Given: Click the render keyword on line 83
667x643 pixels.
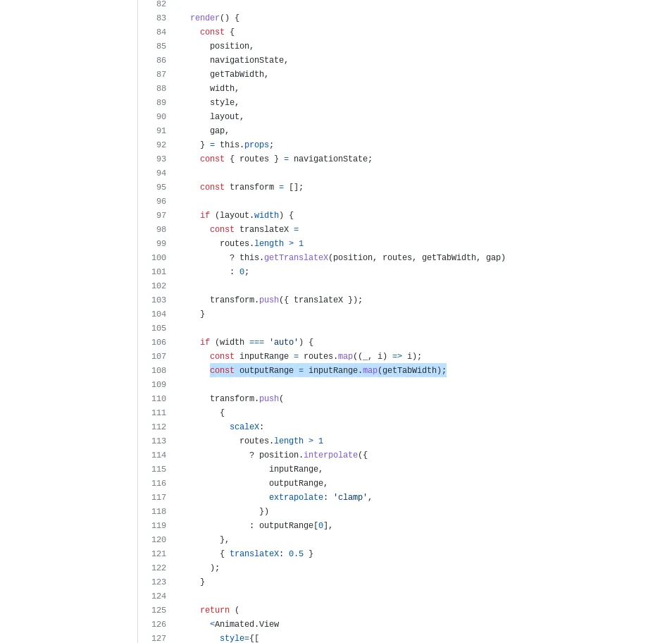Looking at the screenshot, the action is pyautogui.click(x=205, y=18).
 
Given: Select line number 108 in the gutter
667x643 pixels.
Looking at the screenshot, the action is pyautogui.click(x=158, y=370).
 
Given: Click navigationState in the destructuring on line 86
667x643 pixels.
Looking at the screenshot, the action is pyautogui.click(x=247, y=60).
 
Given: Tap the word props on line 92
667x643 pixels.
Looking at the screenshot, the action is pyautogui.click(x=256, y=145).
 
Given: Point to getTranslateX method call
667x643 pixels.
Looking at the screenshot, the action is pyautogui.click(x=296, y=257).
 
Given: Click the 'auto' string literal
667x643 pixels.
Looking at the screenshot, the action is pyautogui.click(x=284, y=342).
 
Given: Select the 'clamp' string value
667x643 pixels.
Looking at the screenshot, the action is pyautogui.click(x=350, y=497).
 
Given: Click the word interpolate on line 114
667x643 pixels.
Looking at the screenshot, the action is pyautogui.click(x=330, y=455).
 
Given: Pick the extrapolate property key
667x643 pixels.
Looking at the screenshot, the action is pyautogui.click(x=296, y=497).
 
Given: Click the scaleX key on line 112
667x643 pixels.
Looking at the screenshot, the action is pyautogui.click(x=244, y=427).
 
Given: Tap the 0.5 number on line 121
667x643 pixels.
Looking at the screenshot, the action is pyautogui.click(x=296, y=553).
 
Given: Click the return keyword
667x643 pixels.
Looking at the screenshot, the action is pyautogui.click(x=215, y=610).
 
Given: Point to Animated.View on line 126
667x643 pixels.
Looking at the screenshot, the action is pyautogui.click(x=247, y=624).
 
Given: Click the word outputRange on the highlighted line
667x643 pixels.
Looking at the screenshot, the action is pyautogui.click(x=266, y=370).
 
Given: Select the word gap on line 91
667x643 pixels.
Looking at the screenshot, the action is pyautogui.click(x=217, y=130).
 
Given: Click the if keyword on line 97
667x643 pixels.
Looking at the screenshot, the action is pyautogui.click(x=205, y=216).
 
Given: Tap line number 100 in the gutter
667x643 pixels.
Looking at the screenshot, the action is pyautogui.click(x=158, y=257).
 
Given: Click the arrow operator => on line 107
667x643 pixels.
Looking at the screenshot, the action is pyautogui.click(x=397, y=357).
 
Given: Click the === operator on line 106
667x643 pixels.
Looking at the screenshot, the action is pyautogui.click(x=256, y=342).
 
